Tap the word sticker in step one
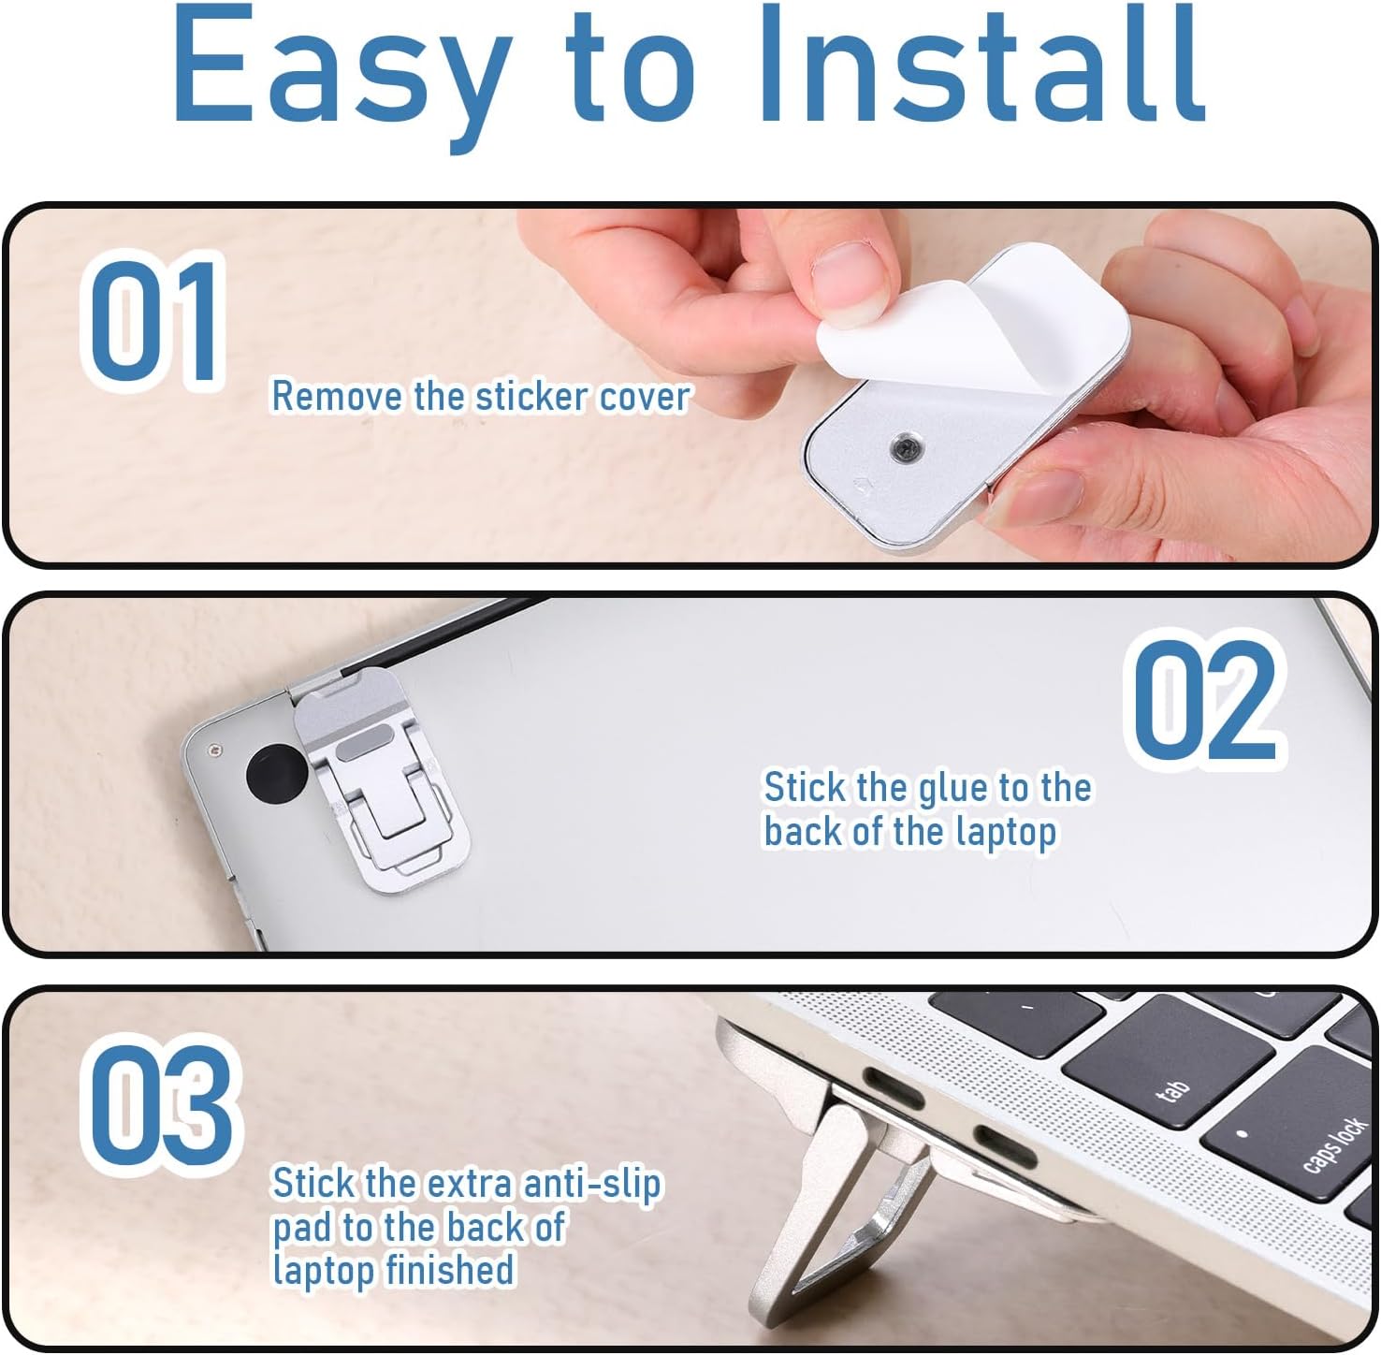pyautogui.click(x=531, y=396)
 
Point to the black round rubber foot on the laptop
pyautogui.click(x=276, y=773)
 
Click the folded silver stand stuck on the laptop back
pyautogui.click(x=378, y=773)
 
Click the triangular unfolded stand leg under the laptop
pyautogui.click(x=842, y=1217)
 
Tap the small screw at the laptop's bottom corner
pyautogui.click(x=216, y=750)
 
